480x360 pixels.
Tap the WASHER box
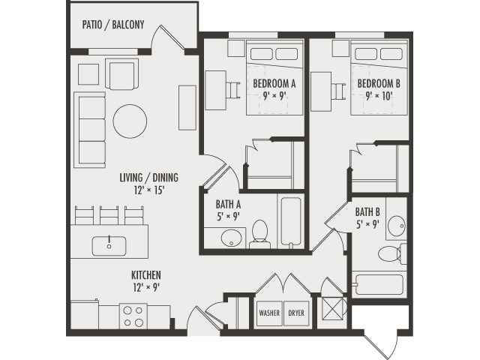(269, 313)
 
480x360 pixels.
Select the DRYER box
(296, 313)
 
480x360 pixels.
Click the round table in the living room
(130, 121)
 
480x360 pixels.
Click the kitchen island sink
(110, 244)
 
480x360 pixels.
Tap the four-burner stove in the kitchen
(133, 316)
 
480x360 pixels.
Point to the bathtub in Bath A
(290, 222)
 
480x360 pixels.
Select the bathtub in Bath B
(379, 285)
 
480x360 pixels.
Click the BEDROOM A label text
(274, 83)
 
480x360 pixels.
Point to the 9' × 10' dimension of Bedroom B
(379, 96)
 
